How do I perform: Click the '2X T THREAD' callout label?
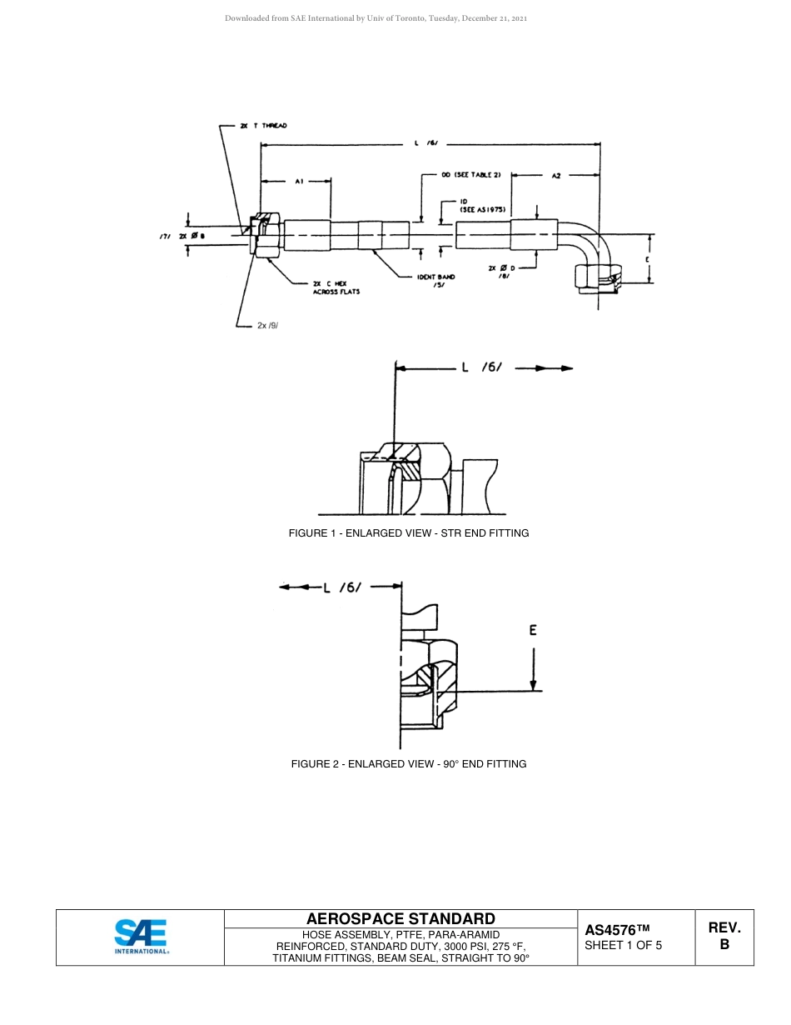coord(263,126)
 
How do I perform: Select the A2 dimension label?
coord(557,176)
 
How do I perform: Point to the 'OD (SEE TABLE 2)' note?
coord(471,176)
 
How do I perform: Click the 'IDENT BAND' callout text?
coord(436,277)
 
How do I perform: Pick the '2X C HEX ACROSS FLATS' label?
coord(336,287)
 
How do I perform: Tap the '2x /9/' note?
coord(267,325)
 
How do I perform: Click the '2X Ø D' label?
coord(502,267)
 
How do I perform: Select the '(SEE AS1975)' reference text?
coord(485,209)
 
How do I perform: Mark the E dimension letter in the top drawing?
coord(646,260)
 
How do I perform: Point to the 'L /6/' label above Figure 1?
coord(483,367)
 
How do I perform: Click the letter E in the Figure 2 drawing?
coord(533,631)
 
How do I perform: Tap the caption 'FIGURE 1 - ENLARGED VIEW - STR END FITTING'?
coord(409,533)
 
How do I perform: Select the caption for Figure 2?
coord(409,764)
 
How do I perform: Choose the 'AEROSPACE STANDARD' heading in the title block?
coord(400,919)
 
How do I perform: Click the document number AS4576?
coord(617,930)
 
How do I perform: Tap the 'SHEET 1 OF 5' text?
coord(624,946)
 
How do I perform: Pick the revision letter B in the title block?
coord(724,945)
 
